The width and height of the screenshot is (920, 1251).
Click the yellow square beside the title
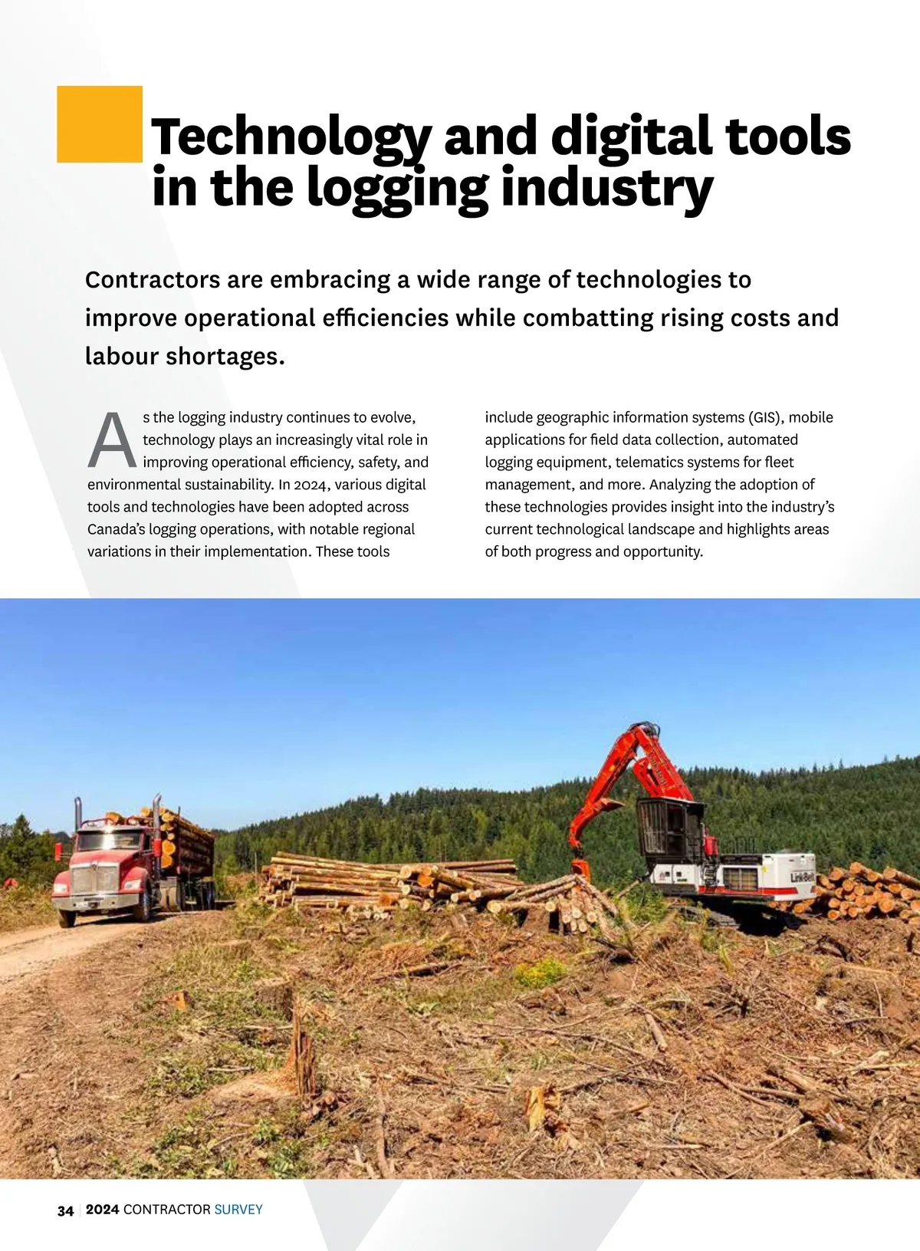pos(100,124)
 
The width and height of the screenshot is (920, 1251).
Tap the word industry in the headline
pos(606,188)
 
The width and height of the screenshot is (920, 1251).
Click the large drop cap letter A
pos(112,441)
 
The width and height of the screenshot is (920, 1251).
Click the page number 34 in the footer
pos(66,1210)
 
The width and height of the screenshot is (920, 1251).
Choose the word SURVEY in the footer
pos(238,1210)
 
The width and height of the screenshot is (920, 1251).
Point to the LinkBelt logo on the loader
pos(802,877)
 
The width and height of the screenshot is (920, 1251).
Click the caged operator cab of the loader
pos(669,830)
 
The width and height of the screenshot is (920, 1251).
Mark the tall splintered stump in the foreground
pos(302,1051)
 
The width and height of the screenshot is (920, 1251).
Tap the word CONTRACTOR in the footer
pos(166,1210)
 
